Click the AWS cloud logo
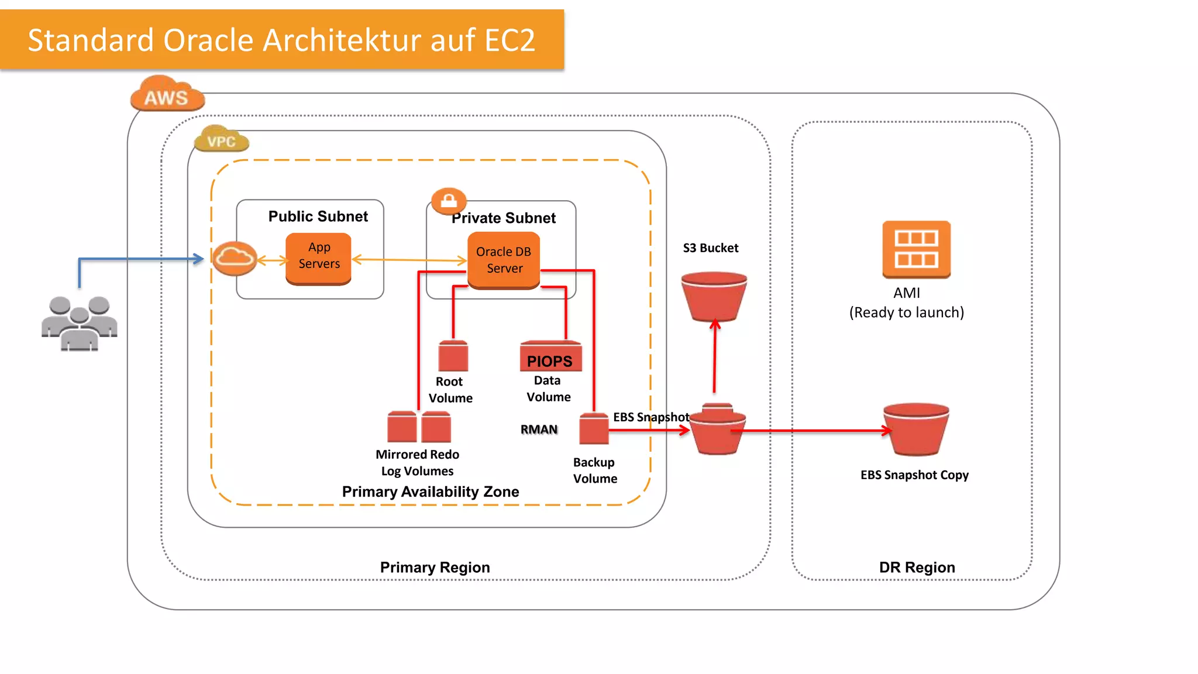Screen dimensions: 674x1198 tap(167, 94)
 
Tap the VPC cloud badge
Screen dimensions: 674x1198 tap(221, 140)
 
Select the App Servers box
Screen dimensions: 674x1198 tap(319, 257)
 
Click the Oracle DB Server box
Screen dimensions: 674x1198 tap(504, 260)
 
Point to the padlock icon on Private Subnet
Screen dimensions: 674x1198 tap(449, 201)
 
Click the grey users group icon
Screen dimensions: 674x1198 tap(80, 323)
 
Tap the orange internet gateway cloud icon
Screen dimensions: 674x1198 tap(235, 258)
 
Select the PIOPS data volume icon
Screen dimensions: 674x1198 tap(550, 357)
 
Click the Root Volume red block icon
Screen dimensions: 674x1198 tap(453, 356)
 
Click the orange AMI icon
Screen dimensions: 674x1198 tap(916, 249)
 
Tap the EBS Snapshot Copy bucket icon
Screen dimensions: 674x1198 tap(916, 429)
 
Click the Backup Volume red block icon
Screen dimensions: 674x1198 tap(594, 429)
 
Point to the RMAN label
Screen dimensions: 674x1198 tap(539, 429)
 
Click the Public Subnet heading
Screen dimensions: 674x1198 tap(318, 216)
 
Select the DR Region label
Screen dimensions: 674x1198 tap(917, 567)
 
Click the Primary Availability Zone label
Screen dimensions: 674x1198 tap(430, 491)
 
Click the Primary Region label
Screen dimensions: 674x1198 tap(435, 567)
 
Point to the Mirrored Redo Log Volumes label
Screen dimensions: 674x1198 tap(417, 463)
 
